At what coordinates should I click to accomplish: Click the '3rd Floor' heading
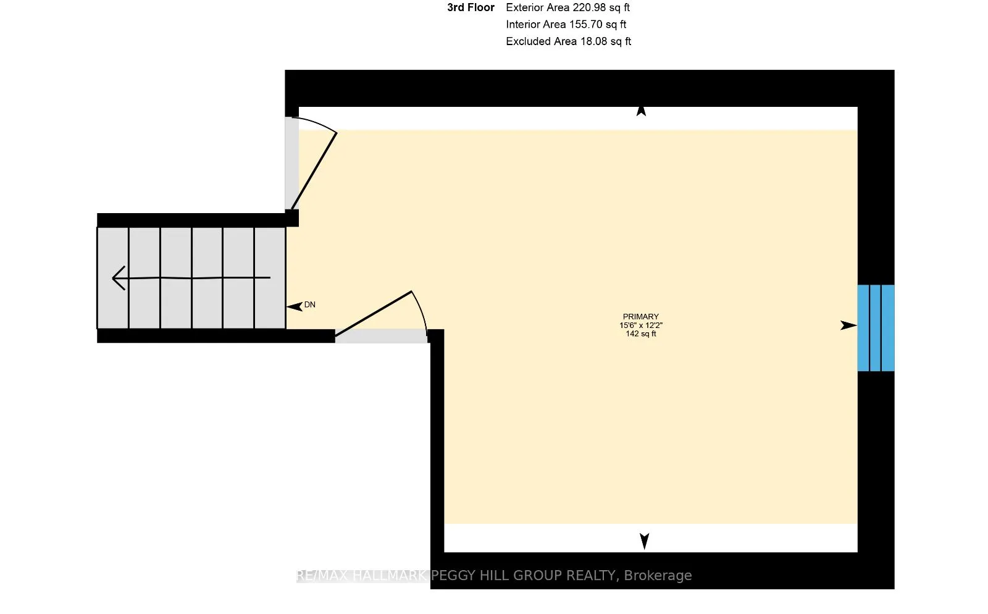[471, 7]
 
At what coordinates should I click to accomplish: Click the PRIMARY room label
[640, 317]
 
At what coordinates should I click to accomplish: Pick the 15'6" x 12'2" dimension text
[641, 325]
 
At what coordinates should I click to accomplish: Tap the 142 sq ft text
[641, 334]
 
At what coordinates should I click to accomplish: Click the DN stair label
[309, 305]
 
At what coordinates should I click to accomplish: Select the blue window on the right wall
[876, 328]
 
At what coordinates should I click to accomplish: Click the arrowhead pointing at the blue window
[848, 326]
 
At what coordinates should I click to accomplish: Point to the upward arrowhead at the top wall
[642, 111]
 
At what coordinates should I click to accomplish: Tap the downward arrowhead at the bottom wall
[645, 541]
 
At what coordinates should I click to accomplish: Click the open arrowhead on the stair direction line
[119, 278]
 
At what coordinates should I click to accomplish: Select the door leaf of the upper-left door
[314, 170]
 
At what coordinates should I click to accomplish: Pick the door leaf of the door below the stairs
[373, 314]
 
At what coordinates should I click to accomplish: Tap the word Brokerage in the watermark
[658, 576]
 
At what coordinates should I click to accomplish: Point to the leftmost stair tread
[113, 278]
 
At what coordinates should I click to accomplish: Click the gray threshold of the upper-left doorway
[291, 163]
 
